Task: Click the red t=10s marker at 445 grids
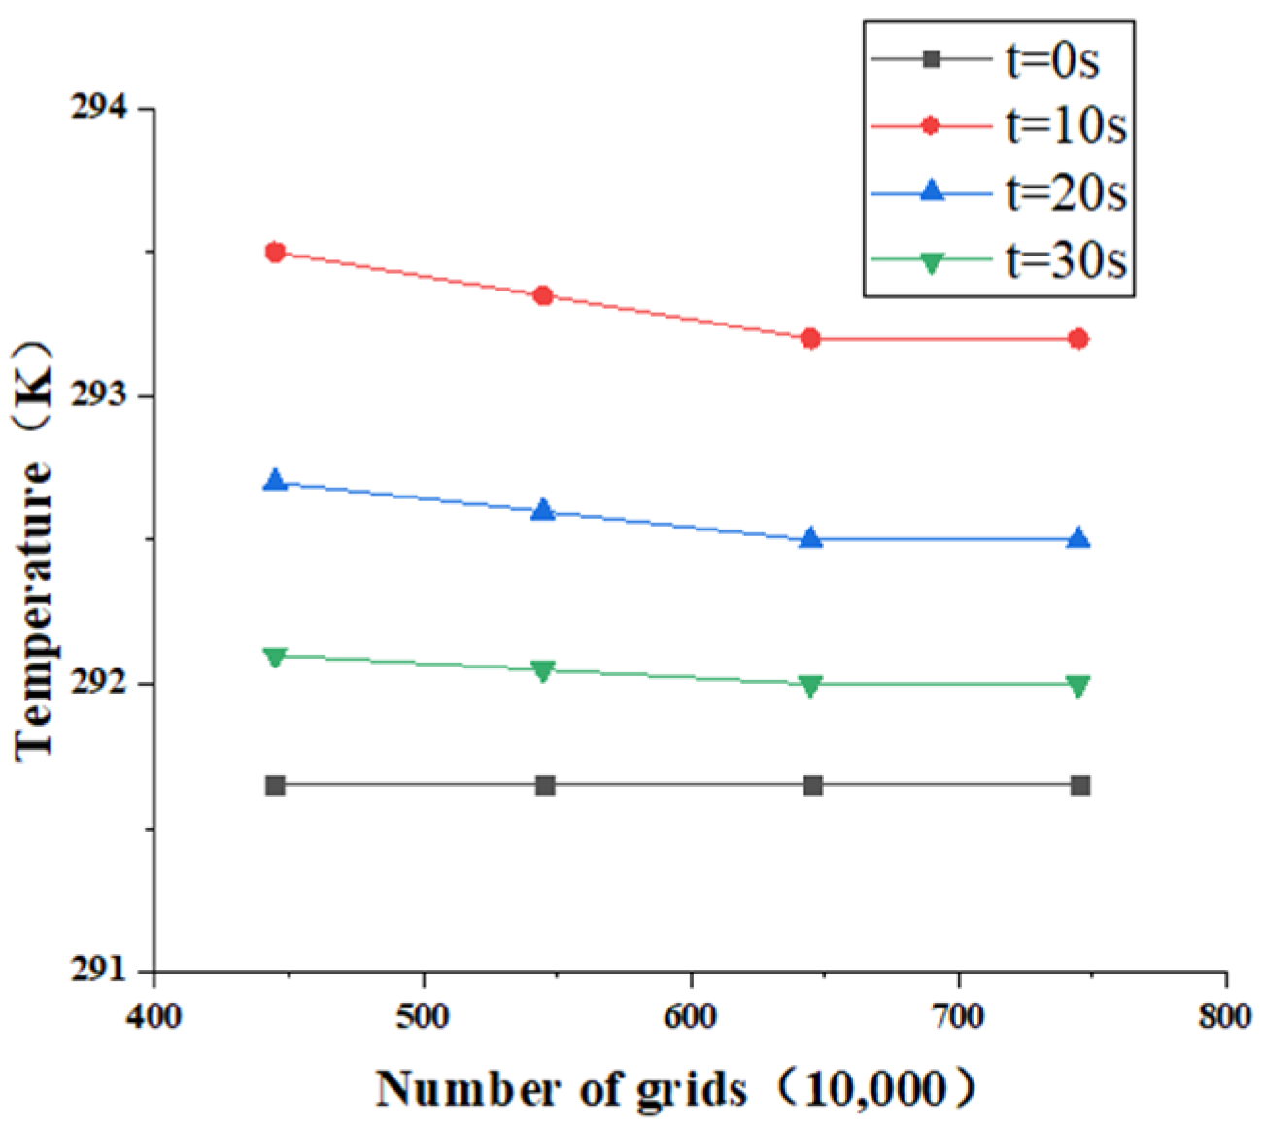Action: point(275,253)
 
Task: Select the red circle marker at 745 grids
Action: point(1077,339)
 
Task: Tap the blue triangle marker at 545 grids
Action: point(543,510)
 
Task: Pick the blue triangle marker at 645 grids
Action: point(811,538)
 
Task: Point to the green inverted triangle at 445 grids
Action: point(275,658)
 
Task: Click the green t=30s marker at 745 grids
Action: point(1077,686)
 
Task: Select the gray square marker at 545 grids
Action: point(545,785)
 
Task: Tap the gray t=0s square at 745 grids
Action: point(1079,785)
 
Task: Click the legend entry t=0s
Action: point(1051,60)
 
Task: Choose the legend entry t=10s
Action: point(1065,126)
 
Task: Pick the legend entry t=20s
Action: point(1065,192)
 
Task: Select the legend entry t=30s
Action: point(1065,259)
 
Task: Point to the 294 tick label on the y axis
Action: point(99,109)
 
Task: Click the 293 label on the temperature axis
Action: point(99,396)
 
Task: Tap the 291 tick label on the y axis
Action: point(99,970)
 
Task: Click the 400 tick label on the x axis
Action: point(154,1016)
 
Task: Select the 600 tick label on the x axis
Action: point(691,1016)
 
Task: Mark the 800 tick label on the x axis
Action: point(1225,1016)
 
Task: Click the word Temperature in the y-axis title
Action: point(35,608)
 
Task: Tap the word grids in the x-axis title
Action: point(692,1089)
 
